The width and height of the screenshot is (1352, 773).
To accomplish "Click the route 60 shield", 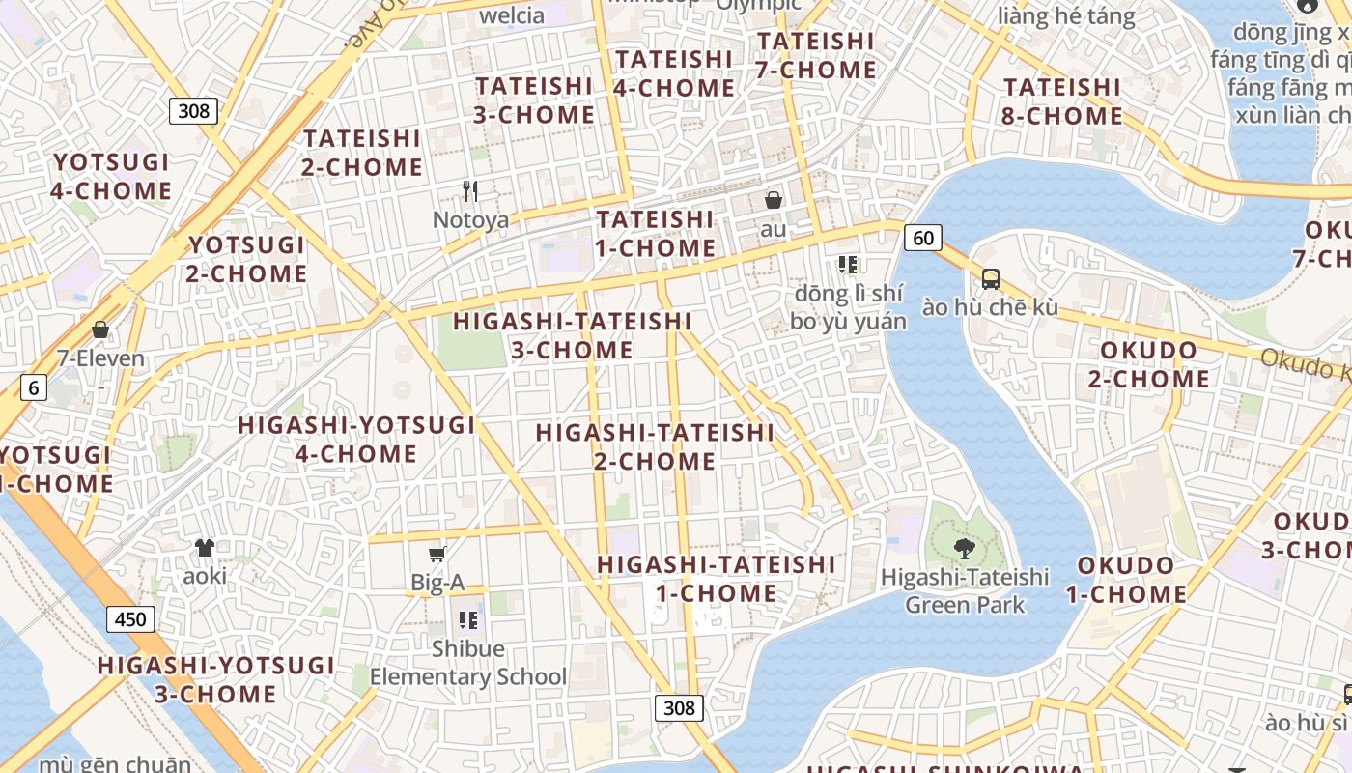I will click(x=924, y=237).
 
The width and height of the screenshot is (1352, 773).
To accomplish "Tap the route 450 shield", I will click(x=130, y=619).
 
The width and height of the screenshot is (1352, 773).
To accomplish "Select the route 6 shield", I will click(x=34, y=388).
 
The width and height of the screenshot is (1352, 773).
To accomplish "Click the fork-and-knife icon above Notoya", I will click(x=470, y=190).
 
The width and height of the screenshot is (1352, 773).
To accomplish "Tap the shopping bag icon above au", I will click(x=774, y=200).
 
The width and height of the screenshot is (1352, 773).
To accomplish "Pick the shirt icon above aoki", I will click(x=205, y=548).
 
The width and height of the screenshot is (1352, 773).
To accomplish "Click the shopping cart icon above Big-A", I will click(x=437, y=554).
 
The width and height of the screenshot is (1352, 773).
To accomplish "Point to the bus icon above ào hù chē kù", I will click(x=991, y=279).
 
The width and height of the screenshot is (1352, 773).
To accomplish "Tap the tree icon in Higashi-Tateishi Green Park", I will click(x=964, y=549).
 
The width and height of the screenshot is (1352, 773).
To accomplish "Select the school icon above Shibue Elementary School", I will click(x=468, y=619).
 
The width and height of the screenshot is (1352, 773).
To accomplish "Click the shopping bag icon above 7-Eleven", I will click(x=100, y=329).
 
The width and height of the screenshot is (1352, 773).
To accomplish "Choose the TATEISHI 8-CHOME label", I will click(x=1062, y=101).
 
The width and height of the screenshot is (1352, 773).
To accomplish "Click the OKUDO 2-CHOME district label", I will click(x=1149, y=364).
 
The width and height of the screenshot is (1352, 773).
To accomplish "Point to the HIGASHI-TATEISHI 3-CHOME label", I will click(x=573, y=335).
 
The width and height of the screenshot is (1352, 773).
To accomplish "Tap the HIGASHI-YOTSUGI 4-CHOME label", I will click(x=356, y=439).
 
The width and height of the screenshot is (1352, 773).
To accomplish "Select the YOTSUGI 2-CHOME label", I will click(x=247, y=259).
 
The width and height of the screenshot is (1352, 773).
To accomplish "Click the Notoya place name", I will click(x=470, y=220).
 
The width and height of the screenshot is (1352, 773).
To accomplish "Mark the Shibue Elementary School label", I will click(x=468, y=662).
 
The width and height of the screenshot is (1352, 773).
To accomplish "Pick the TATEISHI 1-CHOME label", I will click(x=656, y=234).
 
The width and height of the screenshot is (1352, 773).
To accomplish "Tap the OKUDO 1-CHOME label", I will click(x=1126, y=580).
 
